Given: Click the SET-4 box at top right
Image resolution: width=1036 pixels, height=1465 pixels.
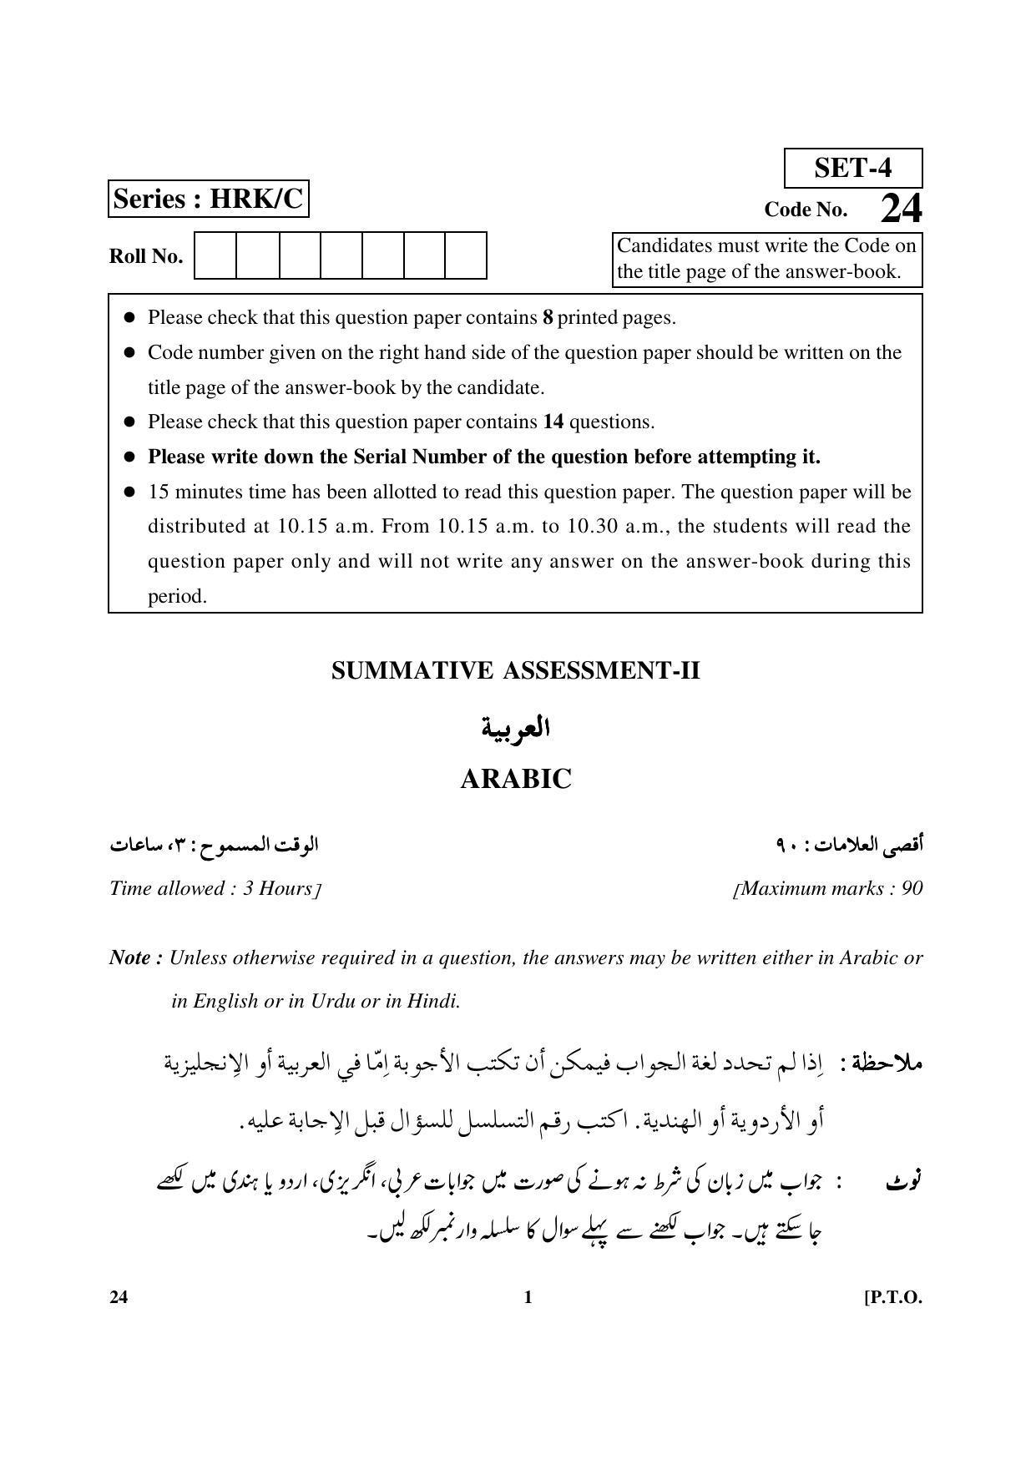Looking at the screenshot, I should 852,169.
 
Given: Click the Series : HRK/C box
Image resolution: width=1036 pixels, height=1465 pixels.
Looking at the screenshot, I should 208,200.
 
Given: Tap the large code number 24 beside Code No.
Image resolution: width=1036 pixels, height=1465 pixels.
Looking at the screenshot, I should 901,209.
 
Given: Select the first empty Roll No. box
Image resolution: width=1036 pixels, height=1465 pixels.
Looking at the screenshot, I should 215,255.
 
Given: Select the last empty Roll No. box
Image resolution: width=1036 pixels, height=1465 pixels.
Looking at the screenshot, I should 465,255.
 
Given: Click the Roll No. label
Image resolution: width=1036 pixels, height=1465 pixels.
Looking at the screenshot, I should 146,256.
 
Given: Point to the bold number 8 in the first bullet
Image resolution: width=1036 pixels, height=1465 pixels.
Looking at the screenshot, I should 548,318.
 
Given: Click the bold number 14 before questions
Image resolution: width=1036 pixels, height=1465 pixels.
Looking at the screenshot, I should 553,422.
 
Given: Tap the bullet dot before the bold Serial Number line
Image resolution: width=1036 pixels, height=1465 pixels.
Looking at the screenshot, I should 129,457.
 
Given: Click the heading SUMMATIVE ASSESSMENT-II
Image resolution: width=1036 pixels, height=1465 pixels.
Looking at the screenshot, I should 515,671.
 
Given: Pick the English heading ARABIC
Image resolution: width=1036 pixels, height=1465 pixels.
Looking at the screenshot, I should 516,780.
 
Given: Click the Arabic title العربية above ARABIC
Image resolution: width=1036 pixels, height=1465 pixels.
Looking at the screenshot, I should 516,728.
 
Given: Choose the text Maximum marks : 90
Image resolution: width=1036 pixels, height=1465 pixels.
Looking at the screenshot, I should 830,888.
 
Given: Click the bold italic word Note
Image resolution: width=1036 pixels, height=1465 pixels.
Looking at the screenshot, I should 130,957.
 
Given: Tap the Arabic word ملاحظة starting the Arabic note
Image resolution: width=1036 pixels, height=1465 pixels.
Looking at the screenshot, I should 889,1064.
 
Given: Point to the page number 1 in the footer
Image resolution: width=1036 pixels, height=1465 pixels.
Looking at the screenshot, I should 527,1297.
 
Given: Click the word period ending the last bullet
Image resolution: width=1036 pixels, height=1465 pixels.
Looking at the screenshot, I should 177,597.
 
